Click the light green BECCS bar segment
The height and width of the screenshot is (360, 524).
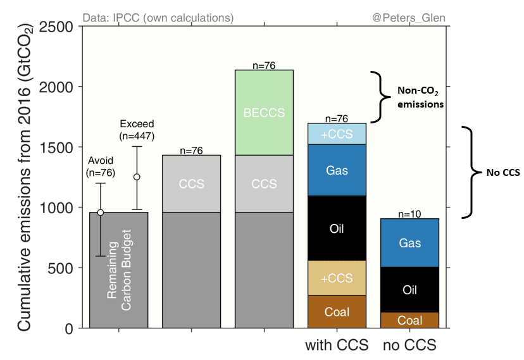[264, 113]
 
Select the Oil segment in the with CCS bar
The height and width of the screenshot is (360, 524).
[336, 228]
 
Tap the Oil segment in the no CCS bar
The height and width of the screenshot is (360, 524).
[409, 290]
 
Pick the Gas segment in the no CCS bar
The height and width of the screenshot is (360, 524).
[409, 243]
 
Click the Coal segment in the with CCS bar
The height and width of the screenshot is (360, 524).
[336, 312]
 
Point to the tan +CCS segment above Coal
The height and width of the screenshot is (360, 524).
[336, 278]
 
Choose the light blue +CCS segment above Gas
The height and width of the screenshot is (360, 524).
[336, 134]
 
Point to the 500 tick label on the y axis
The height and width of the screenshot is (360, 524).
[61, 268]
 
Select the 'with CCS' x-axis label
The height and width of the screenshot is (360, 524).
[336, 347]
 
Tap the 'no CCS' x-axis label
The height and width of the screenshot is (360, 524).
[409, 347]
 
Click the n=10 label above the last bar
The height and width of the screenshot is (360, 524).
[409, 214]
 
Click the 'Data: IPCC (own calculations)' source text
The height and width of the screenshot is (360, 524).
[158, 18]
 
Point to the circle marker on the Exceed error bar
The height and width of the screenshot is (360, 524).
[136, 177]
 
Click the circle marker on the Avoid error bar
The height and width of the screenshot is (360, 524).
[100, 212]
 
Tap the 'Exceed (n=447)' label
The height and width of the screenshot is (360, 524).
[137, 130]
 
